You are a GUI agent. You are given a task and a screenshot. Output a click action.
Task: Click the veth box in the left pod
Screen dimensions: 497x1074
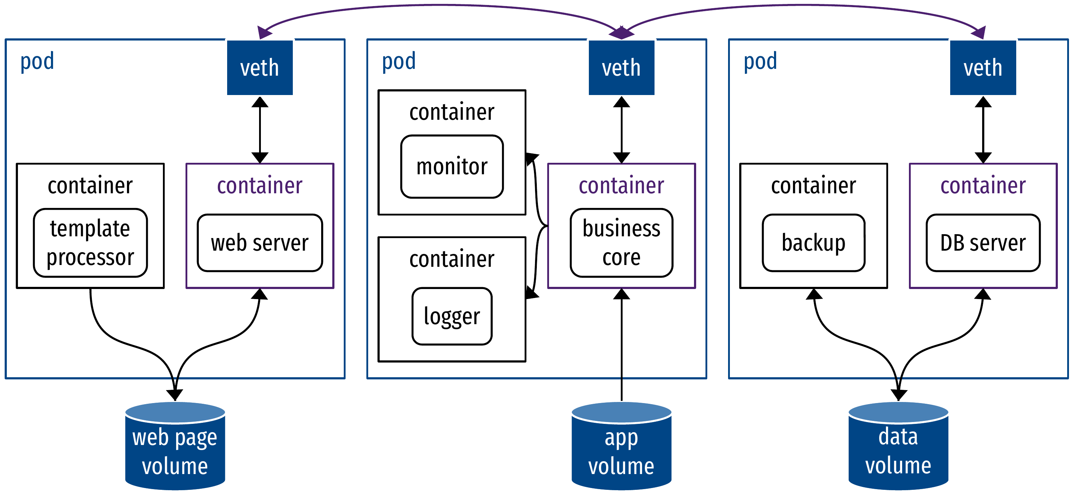259,67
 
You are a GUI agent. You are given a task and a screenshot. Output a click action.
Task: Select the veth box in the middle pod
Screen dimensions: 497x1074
621,67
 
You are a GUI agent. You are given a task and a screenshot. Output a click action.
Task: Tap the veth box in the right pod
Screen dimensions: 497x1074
983,67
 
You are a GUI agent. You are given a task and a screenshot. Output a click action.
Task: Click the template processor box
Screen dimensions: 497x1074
90,242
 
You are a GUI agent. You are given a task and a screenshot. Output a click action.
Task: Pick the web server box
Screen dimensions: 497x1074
259,242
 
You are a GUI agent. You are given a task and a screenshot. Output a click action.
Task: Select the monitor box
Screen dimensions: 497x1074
452,166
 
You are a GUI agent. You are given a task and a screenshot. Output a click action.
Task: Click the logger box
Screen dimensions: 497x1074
452,316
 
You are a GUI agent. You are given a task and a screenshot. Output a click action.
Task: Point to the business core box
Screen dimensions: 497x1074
621,242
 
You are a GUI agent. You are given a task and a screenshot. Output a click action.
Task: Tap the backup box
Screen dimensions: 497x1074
813,242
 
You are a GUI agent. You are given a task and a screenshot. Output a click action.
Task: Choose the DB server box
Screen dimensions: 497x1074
983,242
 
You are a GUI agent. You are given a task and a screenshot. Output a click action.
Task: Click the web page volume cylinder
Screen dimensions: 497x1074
175,448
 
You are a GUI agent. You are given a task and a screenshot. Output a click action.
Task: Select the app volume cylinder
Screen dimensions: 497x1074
621,448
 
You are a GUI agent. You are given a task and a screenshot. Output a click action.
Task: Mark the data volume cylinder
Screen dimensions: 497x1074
898,448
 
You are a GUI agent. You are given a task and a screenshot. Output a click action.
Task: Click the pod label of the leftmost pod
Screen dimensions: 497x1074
37,62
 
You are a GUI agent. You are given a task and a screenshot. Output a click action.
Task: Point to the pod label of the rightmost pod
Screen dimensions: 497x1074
760,62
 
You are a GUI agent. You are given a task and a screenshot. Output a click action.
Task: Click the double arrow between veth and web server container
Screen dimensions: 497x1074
260,129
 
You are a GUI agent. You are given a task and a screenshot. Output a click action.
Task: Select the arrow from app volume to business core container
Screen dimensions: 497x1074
621,346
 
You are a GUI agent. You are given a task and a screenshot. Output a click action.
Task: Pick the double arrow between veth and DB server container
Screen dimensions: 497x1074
983,129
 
